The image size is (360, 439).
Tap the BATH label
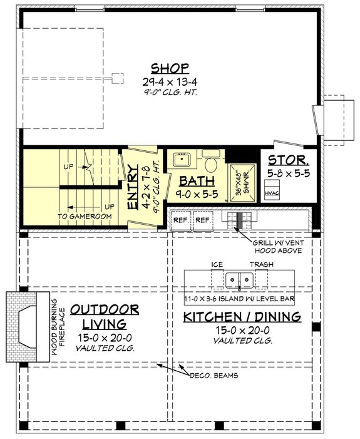click(197, 182)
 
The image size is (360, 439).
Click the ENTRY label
click(133, 187)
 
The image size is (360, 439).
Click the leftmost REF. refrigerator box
click(180, 220)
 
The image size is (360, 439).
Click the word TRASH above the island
click(262, 265)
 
